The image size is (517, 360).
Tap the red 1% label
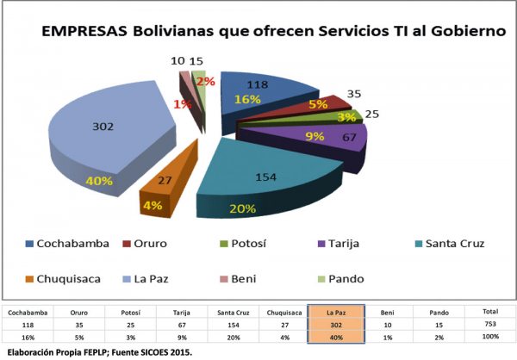(183, 105)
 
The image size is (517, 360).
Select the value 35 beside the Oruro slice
(353, 94)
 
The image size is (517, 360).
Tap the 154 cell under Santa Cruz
(233, 324)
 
